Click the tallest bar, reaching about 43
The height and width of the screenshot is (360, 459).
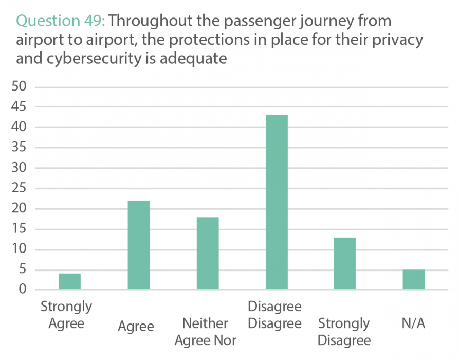(277, 202)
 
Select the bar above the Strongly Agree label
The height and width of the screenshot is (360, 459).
(69, 281)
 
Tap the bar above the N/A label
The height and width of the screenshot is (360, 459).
(414, 279)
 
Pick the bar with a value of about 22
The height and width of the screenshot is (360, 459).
(138, 245)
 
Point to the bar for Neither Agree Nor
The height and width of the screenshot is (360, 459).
(207, 253)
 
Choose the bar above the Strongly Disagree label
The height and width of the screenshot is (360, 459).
(344, 263)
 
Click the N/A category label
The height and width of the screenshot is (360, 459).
(414, 323)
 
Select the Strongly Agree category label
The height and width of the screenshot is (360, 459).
(66, 315)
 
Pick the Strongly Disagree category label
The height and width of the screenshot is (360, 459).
(344, 332)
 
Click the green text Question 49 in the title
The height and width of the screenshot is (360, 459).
(61, 21)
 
